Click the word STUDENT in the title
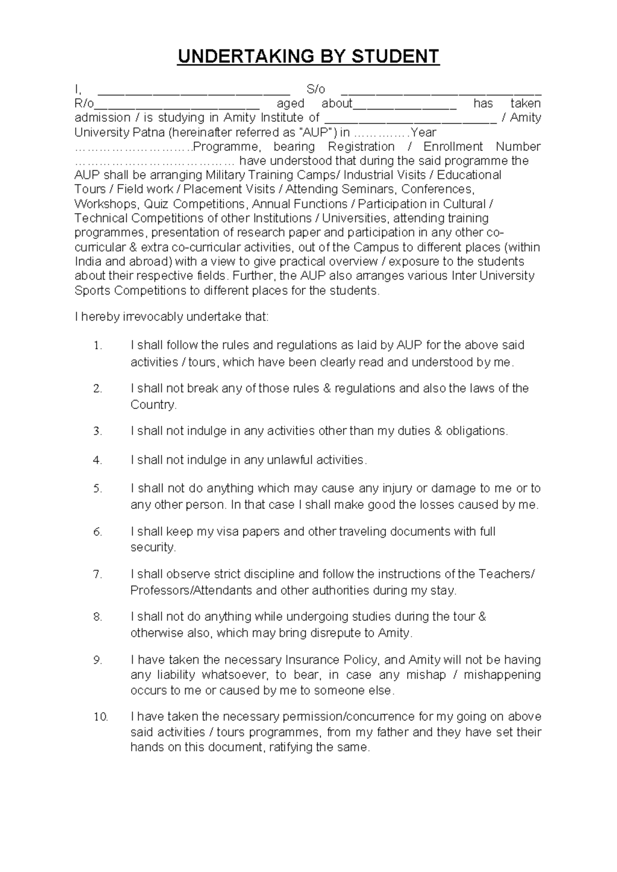pyautogui.click(x=395, y=57)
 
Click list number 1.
pyautogui.click(x=98, y=346)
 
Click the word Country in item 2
pyautogui.click(x=153, y=405)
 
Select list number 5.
pyautogui.click(x=98, y=489)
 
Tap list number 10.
pyautogui.click(x=100, y=717)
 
